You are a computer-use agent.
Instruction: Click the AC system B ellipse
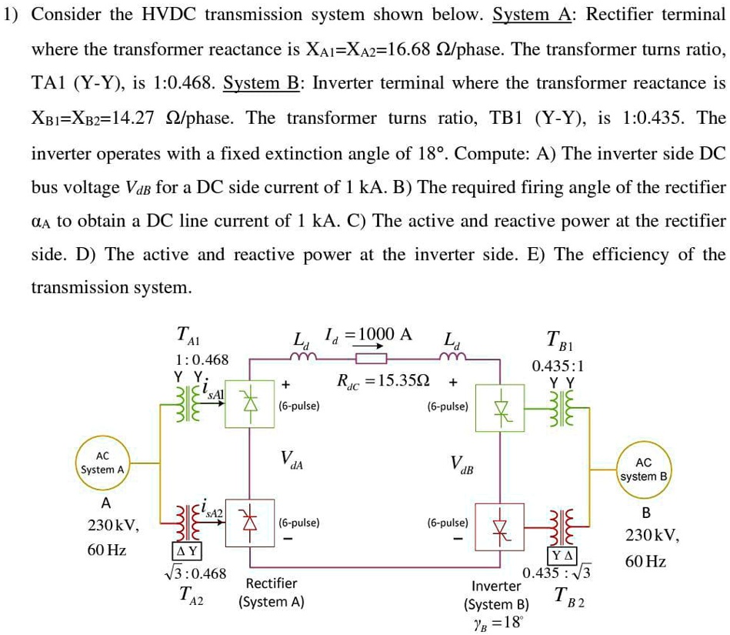pos(644,470)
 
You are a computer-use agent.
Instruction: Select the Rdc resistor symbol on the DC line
pos(370,359)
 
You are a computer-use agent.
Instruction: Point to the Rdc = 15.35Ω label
pos(383,381)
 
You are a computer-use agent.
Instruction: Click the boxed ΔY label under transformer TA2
pos(186,551)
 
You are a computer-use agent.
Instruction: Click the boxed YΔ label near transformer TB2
pos(560,556)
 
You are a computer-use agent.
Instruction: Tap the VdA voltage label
pos(292,460)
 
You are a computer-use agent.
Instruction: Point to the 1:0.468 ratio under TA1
pos(202,359)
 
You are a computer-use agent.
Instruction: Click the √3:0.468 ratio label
pos(196,573)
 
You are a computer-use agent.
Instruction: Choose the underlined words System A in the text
pos(525,15)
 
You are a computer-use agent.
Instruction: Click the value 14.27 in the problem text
pos(129,118)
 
